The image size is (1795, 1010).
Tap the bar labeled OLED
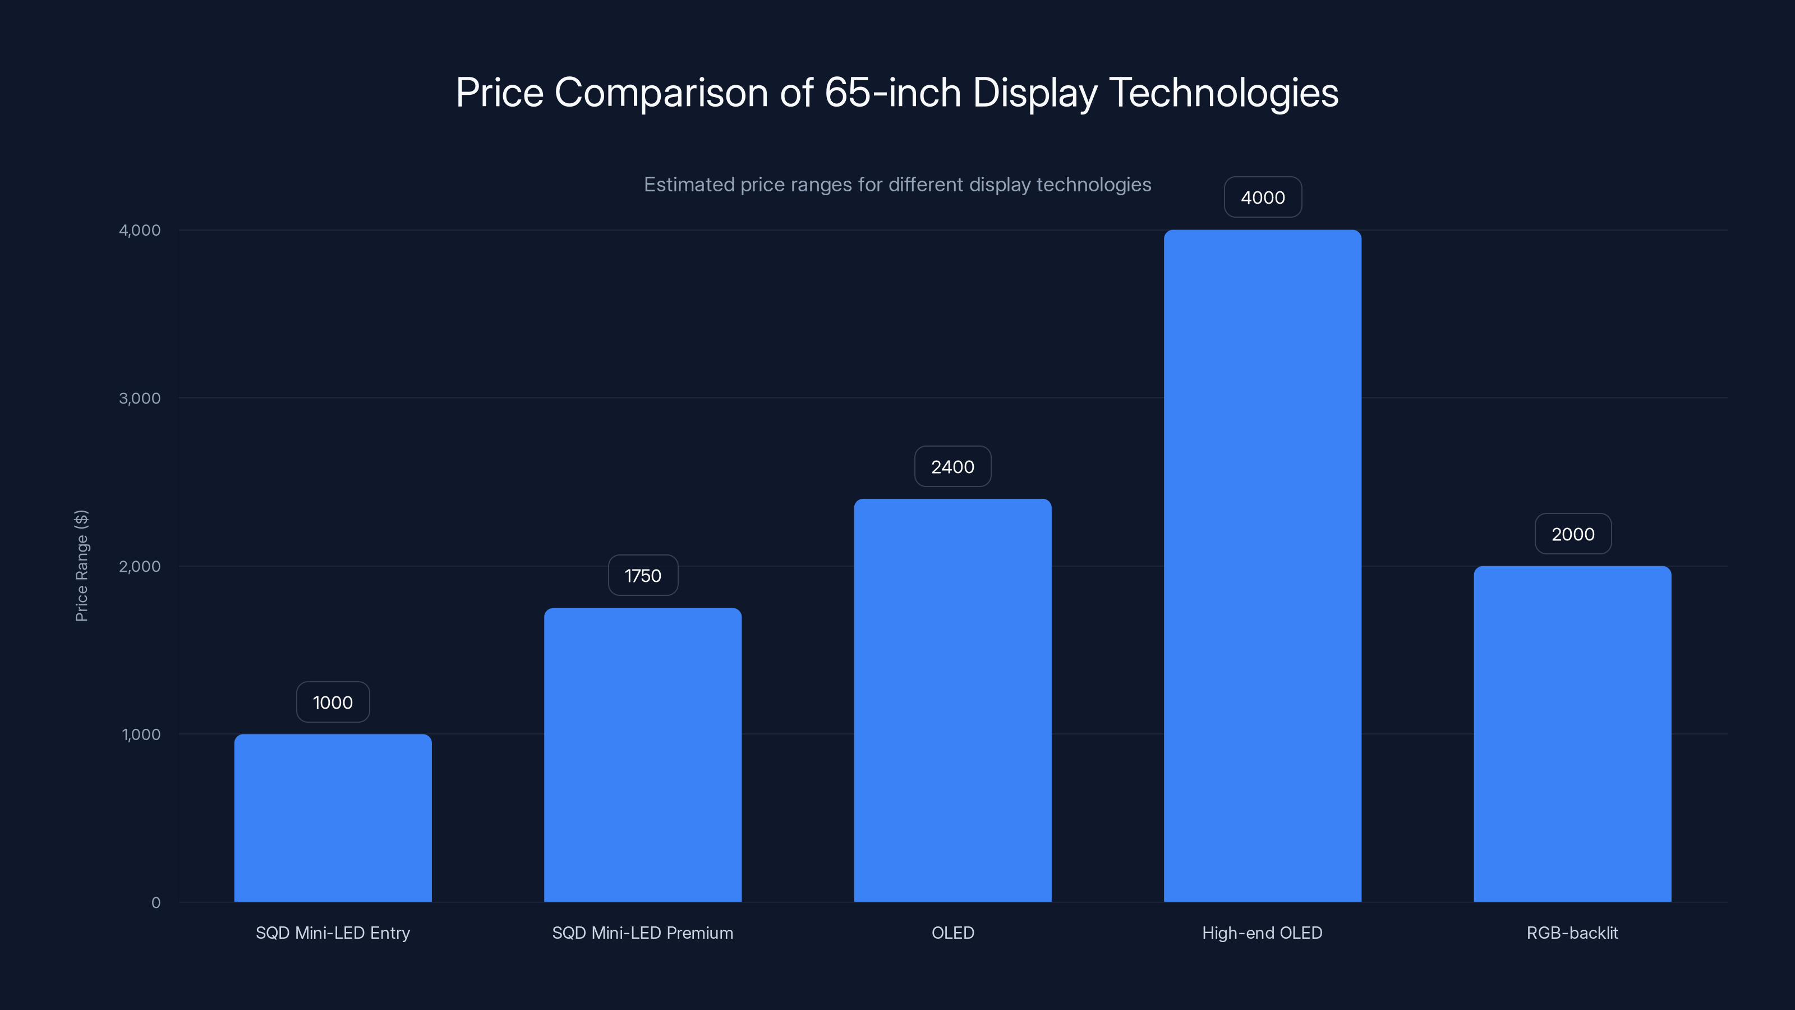coord(952,700)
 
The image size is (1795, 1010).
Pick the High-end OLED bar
coord(1262,565)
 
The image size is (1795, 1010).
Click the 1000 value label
coord(333,702)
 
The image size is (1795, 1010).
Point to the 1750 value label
coord(642,575)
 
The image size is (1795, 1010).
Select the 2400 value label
coord(952,466)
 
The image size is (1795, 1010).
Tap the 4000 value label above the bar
coord(1263,198)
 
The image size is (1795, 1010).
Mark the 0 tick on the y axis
coord(155,903)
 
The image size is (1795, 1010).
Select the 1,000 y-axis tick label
coord(141,734)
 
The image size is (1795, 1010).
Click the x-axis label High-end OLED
coord(1262,933)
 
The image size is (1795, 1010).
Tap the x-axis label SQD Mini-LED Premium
coord(642,933)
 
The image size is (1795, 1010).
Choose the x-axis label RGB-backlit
coord(1572,933)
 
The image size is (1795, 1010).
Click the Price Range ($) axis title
coord(81,565)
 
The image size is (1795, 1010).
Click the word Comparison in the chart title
coord(661,93)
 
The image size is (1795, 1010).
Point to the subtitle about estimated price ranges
coord(897,185)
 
